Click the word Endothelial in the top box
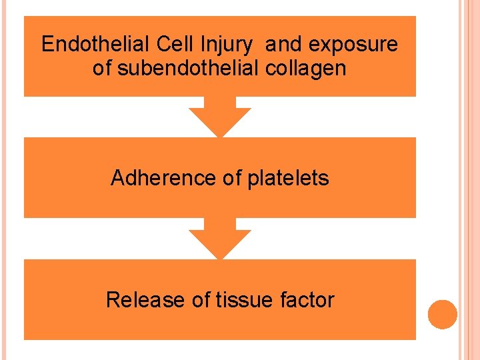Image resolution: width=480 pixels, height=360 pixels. pyautogui.click(x=96, y=45)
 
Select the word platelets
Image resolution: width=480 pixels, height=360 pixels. pyautogui.click(x=288, y=179)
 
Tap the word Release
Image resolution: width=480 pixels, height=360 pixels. pyautogui.click(x=145, y=300)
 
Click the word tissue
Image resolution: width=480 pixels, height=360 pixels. pyautogui.click(x=243, y=300)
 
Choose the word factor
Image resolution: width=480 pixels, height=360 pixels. pyautogui.click(x=307, y=300)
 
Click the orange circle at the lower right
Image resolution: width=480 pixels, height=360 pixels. pyautogui.click(x=443, y=315)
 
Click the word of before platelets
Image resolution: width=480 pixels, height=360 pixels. pyautogui.click(x=232, y=178)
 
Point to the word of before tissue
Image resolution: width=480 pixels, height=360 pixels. pyautogui.click(x=201, y=300)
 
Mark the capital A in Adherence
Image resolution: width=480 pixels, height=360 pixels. pyautogui.click(x=118, y=178)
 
